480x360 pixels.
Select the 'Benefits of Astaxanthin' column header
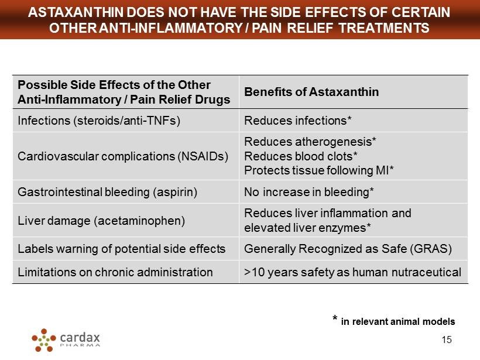(x=311, y=92)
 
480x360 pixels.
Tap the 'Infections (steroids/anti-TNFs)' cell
(x=98, y=121)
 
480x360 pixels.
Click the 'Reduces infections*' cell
(x=297, y=121)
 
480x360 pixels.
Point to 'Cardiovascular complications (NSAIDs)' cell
(x=123, y=156)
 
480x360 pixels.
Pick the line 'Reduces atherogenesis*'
(x=310, y=142)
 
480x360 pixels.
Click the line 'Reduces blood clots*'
(x=300, y=156)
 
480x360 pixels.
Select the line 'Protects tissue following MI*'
(x=318, y=170)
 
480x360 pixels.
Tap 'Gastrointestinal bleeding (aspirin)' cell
(x=107, y=192)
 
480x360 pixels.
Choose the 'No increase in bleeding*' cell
(x=308, y=192)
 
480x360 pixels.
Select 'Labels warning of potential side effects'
(x=122, y=249)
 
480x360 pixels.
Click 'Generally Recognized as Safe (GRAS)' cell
(x=348, y=249)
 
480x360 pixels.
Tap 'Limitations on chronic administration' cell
(x=115, y=272)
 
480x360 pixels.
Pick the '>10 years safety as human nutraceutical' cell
(x=352, y=272)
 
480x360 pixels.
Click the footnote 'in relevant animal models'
(x=397, y=321)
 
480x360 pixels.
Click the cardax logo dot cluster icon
(x=43, y=340)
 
